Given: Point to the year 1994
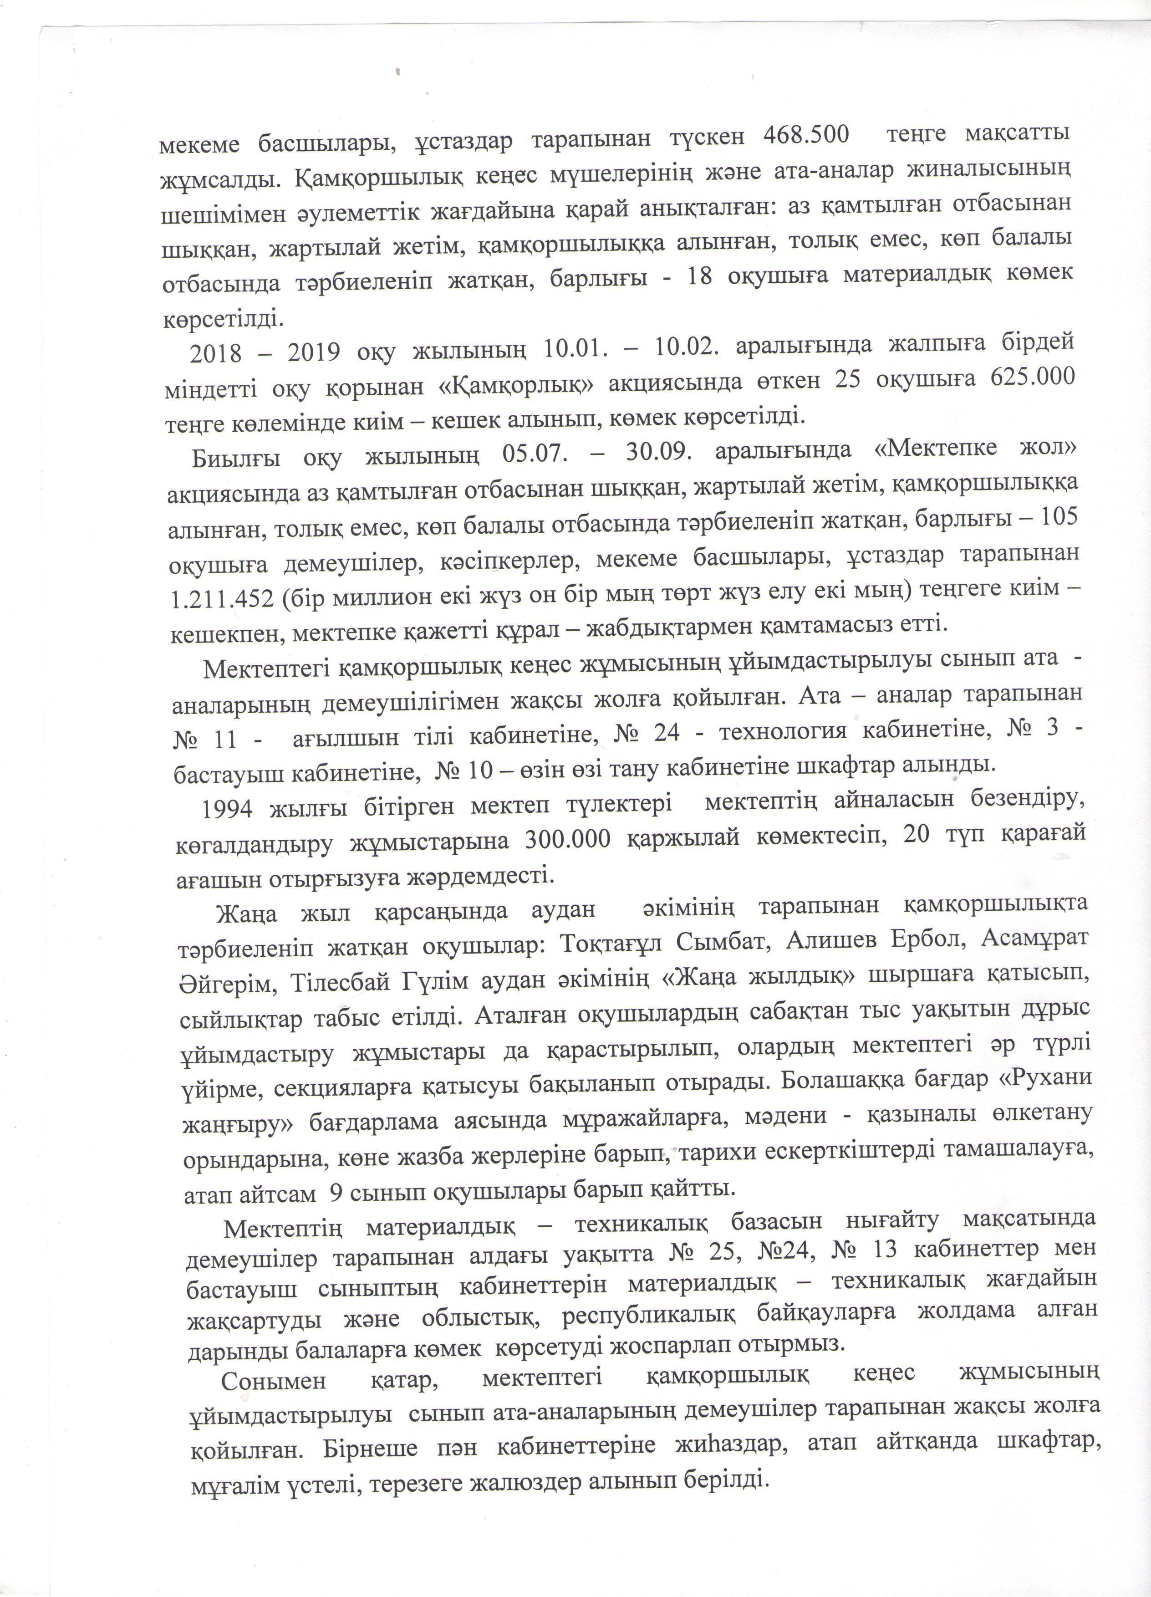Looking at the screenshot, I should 227,809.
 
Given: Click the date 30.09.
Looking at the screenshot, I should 659,452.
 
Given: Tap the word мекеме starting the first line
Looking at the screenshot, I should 199,144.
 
